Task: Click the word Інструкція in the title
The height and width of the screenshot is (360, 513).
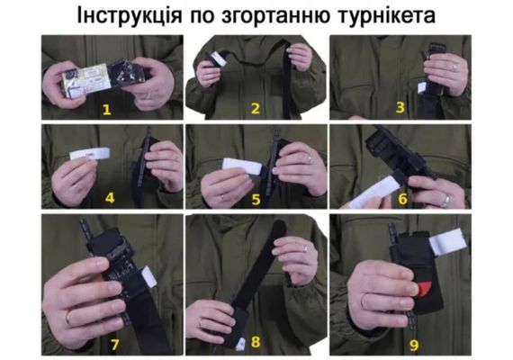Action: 130,15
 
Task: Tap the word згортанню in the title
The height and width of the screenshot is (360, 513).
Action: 275,15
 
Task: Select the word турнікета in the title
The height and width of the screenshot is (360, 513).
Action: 387,15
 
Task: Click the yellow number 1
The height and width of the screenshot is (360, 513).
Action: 107,109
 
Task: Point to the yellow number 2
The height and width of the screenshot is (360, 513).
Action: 256,109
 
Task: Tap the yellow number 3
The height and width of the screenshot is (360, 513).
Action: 400,107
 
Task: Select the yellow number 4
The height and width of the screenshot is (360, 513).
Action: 110,198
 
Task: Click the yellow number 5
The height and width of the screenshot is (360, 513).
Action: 256,199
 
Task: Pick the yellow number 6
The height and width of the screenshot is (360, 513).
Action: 402,198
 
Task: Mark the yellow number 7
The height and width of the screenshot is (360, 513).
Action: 114,345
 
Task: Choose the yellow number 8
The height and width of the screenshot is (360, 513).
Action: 256,342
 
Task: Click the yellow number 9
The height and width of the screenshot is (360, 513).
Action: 414,346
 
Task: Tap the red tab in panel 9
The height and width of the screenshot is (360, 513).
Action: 423,289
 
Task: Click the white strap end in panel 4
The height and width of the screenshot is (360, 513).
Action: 90,154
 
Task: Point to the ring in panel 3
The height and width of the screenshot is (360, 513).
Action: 454,67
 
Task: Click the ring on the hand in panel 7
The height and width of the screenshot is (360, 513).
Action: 68,318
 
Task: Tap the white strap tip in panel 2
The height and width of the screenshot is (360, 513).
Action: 218,58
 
